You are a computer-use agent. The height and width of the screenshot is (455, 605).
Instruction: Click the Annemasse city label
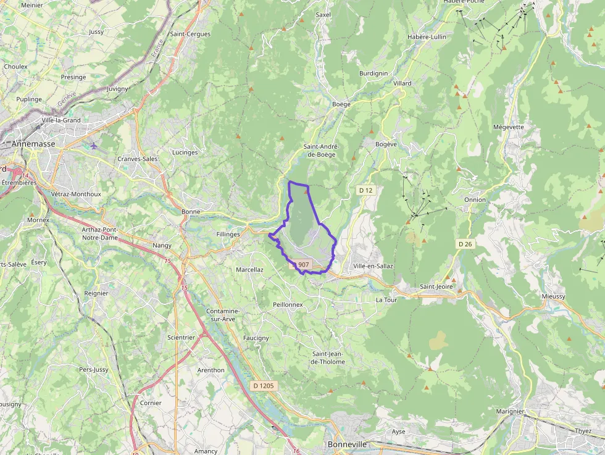point(33,144)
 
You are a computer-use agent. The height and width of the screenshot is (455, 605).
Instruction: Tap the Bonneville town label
point(347,445)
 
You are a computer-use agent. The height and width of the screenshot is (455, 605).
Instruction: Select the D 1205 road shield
point(264,385)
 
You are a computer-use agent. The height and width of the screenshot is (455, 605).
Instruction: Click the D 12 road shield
point(365,190)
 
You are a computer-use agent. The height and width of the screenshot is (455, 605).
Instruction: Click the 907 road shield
point(302,264)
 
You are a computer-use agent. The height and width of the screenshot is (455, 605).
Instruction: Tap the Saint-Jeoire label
point(436,286)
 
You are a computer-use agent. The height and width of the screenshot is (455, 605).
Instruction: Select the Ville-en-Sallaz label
point(373,266)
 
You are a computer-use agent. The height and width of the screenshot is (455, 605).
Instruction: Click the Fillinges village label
point(228,235)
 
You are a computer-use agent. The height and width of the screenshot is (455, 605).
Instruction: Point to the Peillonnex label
point(288,305)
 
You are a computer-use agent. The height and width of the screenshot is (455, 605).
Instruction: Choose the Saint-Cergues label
point(190,34)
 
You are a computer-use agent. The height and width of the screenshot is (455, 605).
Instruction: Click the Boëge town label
point(341,104)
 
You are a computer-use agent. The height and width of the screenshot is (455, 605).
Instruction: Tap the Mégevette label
point(509,127)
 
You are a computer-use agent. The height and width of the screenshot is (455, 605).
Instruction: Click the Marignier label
point(510,411)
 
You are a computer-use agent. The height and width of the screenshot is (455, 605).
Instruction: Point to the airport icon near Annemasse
point(93,146)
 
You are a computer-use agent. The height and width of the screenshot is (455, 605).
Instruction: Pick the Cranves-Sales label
point(138,159)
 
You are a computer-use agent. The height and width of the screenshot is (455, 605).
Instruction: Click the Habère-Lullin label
point(427,37)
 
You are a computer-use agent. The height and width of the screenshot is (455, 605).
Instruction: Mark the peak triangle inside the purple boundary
point(306,192)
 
